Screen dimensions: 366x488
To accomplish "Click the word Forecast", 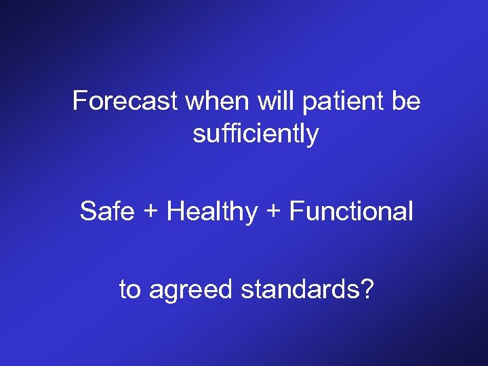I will tap(125, 102).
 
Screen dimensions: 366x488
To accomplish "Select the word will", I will tap(274, 102).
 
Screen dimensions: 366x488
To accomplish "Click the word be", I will tap(405, 102).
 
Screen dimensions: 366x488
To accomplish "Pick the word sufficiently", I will tap(256, 134).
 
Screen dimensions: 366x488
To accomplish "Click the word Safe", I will tap(106, 211).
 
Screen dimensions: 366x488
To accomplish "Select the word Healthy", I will tap(212, 212).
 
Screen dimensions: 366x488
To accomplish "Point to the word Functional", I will tap(350, 211).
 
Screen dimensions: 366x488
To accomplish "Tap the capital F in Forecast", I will tap(79, 102).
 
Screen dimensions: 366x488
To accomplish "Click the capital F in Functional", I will tap(296, 211).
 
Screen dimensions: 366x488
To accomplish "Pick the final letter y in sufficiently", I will tap(312, 136).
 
